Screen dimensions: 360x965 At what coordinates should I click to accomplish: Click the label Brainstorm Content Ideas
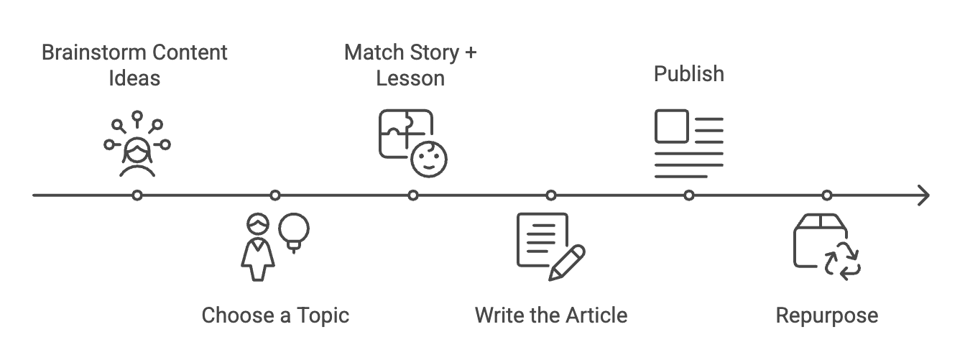point(134,65)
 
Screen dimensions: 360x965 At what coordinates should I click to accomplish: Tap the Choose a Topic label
point(275,315)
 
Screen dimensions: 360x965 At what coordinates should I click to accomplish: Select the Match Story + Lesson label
point(410,65)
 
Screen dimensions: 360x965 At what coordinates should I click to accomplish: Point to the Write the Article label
point(551,315)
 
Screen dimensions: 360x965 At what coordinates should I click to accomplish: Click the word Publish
point(688,74)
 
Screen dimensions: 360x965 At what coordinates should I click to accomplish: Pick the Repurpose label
point(826,315)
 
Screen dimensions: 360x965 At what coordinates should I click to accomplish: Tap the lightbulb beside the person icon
point(295,230)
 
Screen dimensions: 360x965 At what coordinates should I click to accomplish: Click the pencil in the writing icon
point(568,262)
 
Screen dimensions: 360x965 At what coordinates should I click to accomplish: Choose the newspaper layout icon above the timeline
point(688,144)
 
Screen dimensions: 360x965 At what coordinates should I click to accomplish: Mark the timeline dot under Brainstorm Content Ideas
point(137,195)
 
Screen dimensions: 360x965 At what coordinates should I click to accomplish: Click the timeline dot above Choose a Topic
point(275,195)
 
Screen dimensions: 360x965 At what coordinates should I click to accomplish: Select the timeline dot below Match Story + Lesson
point(413,195)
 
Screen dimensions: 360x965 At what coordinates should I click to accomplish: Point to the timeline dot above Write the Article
point(551,195)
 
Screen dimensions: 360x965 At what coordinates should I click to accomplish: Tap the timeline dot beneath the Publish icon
point(689,195)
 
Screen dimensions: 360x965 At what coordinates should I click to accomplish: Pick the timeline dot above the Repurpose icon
point(827,195)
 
